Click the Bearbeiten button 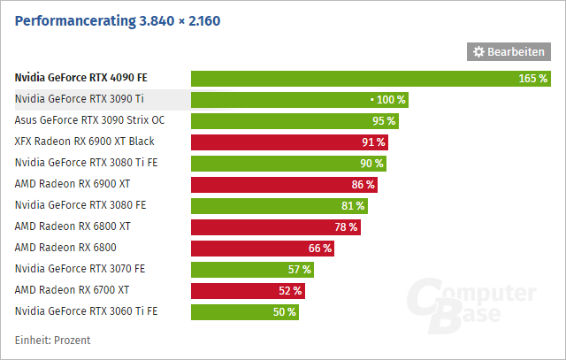click(x=508, y=52)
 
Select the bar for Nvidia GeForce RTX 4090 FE click(x=354, y=78)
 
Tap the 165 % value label click(x=532, y=79)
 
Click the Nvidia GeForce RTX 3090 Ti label click(x=74, y=99)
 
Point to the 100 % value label click(x=391, y=100)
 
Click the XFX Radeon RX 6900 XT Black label click(x=85, y=142)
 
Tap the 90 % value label click(x=372, y=164)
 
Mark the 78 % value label click(x=346, y=227)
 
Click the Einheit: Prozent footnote click(x=53, y=341)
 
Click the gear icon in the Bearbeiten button click(x=479, y=52)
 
